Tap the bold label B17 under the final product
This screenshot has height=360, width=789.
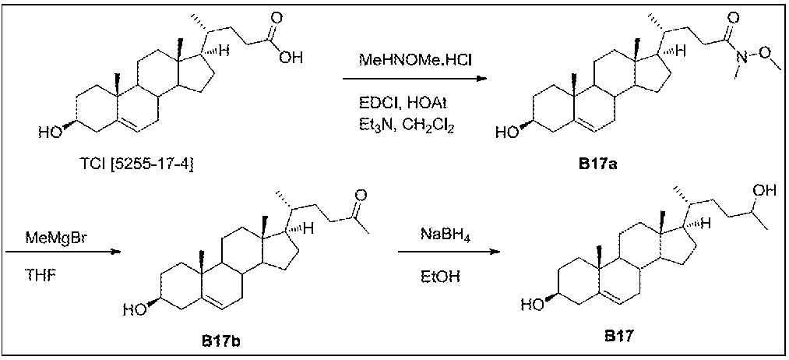pos(622,337)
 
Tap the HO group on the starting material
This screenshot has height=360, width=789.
pos(48,133)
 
